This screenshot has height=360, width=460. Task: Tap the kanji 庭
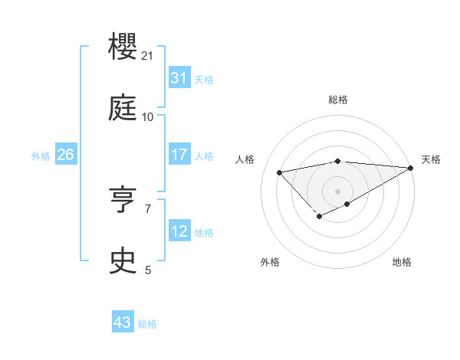(123, 110)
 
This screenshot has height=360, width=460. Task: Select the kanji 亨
(123, 201)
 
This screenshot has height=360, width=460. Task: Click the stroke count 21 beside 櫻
(148, 56)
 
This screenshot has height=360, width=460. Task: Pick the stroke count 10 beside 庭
(148, 116)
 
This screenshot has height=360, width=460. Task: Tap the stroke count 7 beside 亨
(148, 208)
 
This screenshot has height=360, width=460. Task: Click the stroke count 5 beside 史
(148, 269)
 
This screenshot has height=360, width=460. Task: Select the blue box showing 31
(179, 78)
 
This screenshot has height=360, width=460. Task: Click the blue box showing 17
(179, 155)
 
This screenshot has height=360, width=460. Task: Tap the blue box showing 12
(179, 231)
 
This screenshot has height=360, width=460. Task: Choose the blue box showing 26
(65, 155)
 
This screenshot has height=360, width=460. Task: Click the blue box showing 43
(123, 322)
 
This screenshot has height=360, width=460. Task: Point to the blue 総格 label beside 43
(147, 324)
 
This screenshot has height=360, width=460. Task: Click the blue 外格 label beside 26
(41, 156)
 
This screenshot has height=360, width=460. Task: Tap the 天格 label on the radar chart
(431, 159)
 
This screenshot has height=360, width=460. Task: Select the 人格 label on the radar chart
(245, 159)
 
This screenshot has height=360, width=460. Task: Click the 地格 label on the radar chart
(402, 262)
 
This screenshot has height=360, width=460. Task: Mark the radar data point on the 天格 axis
(411, 168)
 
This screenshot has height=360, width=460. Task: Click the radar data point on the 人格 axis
(279, 172)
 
